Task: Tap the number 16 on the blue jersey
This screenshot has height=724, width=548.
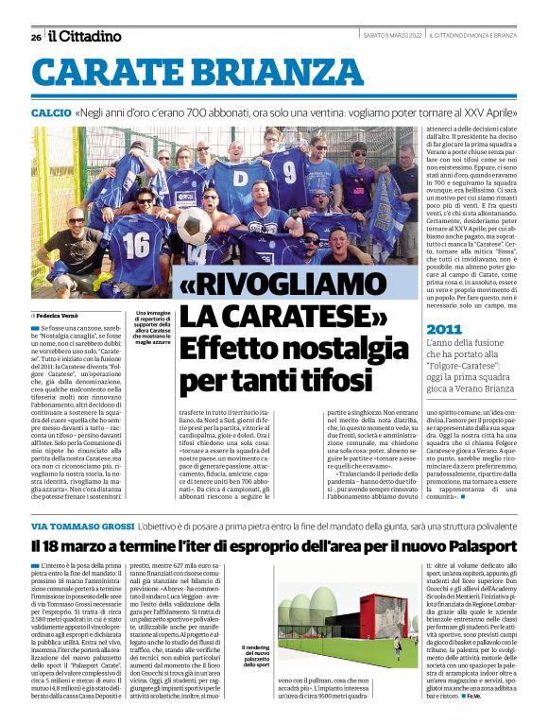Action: click(135, 245)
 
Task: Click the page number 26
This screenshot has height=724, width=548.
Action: click(35, 37)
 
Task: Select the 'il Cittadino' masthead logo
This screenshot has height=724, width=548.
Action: click(85, 36)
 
